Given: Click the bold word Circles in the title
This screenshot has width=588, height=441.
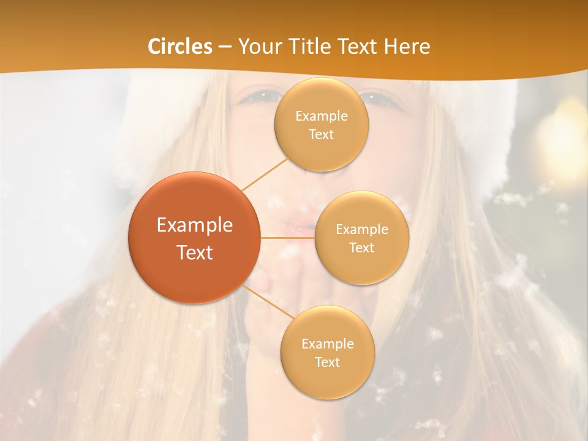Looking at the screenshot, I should [180, 47].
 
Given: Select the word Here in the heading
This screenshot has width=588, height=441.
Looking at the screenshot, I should [407, 47].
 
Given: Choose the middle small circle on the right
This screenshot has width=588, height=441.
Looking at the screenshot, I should [362, 269].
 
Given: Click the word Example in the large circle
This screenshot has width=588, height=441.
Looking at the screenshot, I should [195, 225].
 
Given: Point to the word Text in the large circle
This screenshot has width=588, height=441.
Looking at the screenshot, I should [195, 252].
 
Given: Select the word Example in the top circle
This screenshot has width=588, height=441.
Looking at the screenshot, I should [322, 116].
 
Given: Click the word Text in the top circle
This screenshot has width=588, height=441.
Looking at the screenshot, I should [322, 135].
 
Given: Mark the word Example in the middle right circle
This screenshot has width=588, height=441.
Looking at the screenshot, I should [362, 230].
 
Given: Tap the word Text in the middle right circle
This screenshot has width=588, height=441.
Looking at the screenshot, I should [362, 248].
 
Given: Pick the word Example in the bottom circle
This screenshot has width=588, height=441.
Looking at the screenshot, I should [328, 344].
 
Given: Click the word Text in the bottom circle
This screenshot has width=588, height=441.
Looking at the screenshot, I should [328, 363].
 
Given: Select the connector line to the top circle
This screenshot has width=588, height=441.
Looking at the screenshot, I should [265, 174].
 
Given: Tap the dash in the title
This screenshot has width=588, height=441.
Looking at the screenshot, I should [225, 47].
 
